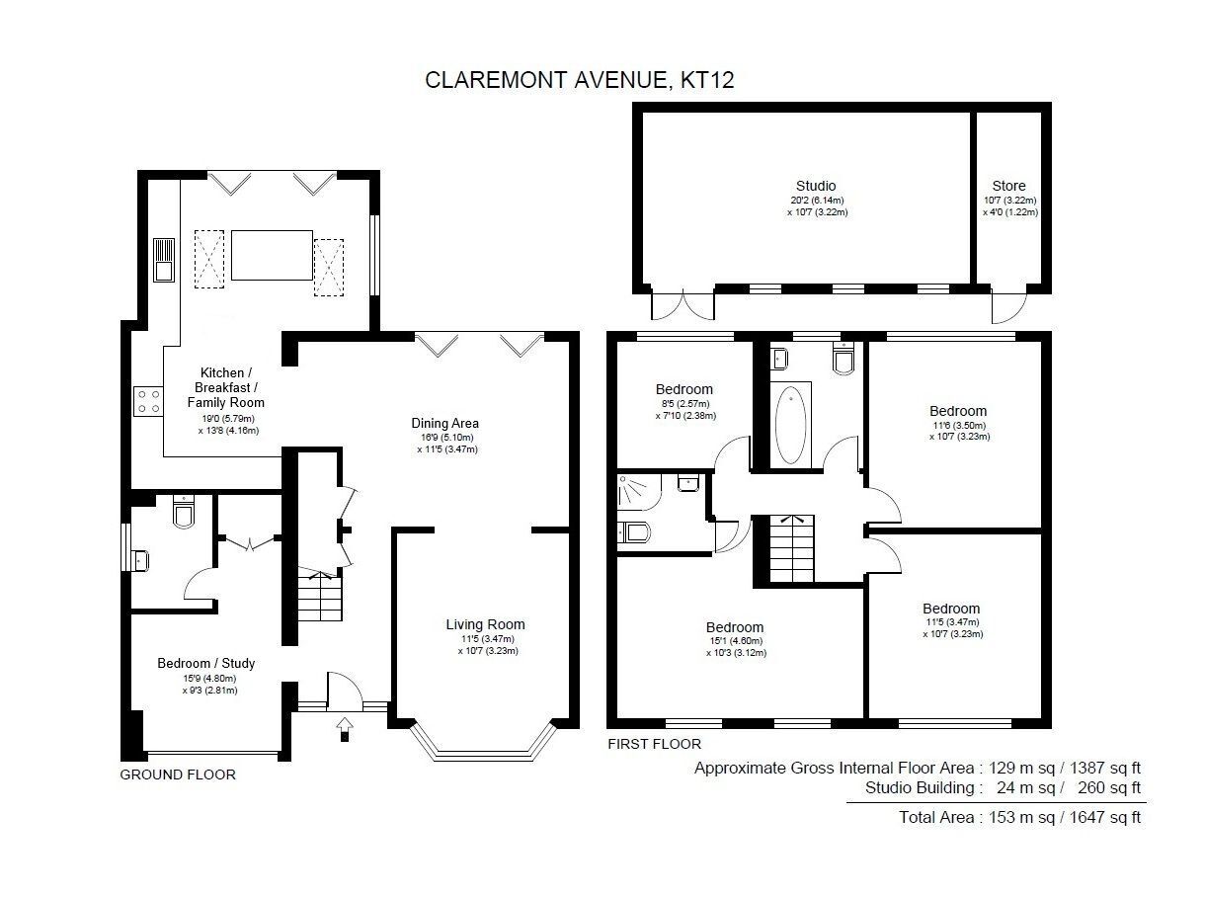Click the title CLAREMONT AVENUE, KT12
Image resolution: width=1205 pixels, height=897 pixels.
(579, 80)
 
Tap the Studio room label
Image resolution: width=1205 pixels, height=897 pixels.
(816, 186)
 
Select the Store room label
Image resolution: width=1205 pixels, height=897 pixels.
(1008, 186)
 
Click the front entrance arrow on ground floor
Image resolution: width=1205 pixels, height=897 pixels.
(345, 729)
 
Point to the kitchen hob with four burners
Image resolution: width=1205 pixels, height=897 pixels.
(148, 401)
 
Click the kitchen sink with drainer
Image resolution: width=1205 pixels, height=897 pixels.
(164, 260)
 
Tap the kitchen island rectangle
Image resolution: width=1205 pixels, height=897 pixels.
(272, 255)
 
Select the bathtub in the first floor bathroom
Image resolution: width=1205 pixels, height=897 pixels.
(790, 425)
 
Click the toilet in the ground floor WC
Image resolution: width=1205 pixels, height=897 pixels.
(184, 511)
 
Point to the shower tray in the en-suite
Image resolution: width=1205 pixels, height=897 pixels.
(639, 492)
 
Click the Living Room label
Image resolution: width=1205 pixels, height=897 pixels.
(485, 624)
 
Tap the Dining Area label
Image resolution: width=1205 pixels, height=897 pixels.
(444, 423)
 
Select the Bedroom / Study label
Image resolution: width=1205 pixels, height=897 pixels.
(205, 663)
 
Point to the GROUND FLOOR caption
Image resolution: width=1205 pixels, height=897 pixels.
(178, 775)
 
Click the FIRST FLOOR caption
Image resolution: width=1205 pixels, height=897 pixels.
(654, 744)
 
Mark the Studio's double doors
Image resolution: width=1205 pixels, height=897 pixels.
(683, 306)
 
